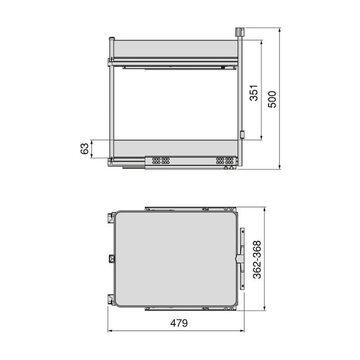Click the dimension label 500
click(272, 99)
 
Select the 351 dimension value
click(254, 93)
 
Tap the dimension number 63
click(85, 148)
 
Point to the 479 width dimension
click(179, 323)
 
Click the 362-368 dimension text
click(257, 260)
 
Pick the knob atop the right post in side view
click(239, 31)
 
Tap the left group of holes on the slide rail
click(161, 161)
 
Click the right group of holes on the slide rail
click(225, 161)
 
